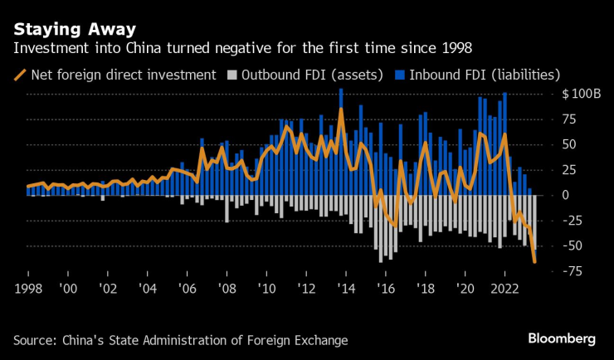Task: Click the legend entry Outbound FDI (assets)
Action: (311, 74)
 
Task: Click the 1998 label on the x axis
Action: (28, 288)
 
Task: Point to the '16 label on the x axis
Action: (385, 288)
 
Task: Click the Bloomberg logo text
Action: (562, 338)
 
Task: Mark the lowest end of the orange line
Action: (535, 262)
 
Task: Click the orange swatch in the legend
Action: (19, 74)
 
